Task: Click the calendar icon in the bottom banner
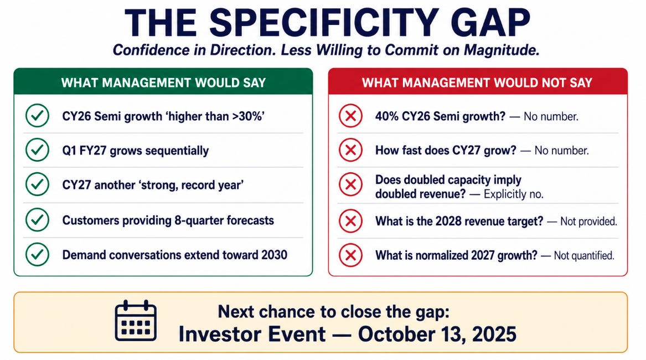(136, 321)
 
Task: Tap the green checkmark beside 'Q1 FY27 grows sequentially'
(37, 150)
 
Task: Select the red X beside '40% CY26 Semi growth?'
(350, 116)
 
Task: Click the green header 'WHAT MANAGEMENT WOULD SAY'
(163, 83)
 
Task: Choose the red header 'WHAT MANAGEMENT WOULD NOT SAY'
(477, 83)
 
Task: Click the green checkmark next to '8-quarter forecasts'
(37, 220)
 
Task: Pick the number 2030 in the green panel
(274, 255)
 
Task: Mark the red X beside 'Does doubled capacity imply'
(350, 184)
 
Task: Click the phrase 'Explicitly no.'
(513, 194)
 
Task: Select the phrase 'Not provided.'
(588, 222)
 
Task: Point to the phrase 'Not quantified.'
(584, 256)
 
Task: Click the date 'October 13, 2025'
(437, 334)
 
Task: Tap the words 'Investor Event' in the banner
(252, 334)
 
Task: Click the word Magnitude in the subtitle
(502, 50)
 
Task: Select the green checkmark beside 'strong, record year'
(37, 184)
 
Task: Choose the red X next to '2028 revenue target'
(350, 221)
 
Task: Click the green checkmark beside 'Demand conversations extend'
(37, 254)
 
